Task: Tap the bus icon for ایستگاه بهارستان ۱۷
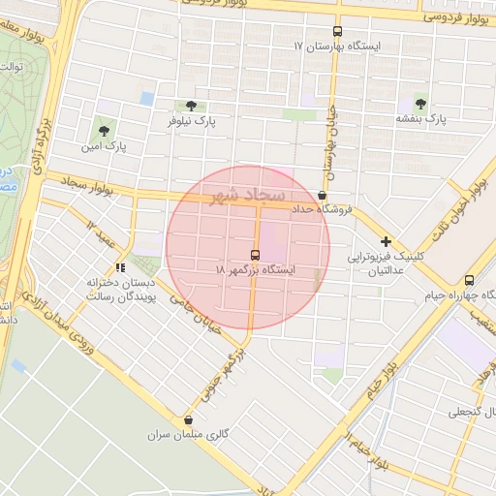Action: point(337,30)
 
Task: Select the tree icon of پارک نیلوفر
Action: point(189,106)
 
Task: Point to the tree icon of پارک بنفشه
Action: point(419,103)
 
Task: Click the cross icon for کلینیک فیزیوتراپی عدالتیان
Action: point(386,241)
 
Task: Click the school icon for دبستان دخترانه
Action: point(119,267)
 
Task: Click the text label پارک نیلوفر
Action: point(190,122)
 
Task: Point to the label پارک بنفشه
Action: point(419,118)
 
